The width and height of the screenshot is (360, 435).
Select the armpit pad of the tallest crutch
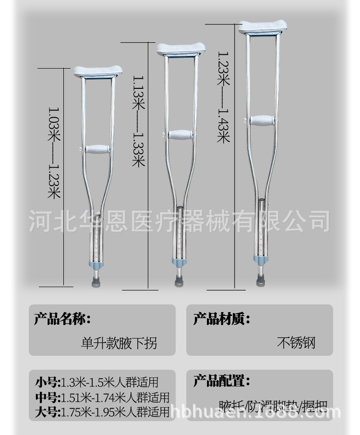click(263, 27)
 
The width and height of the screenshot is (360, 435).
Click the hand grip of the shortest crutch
click(100, 149)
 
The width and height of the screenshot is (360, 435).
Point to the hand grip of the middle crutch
click(181, 134)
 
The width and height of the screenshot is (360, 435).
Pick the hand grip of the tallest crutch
click(262, 120)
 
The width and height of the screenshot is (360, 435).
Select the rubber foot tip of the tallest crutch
click(261, 278)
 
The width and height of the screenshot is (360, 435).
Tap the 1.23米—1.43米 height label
click(224, 97)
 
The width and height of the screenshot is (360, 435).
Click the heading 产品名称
click(62, 318)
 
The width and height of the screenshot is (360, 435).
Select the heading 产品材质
click(221, 318)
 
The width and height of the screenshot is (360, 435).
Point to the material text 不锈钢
click(296, 342)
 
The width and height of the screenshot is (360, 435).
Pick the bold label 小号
click(47, 383)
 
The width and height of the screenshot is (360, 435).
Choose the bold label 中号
click(47, 397)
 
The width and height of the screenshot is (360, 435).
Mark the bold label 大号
click(47, 411)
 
